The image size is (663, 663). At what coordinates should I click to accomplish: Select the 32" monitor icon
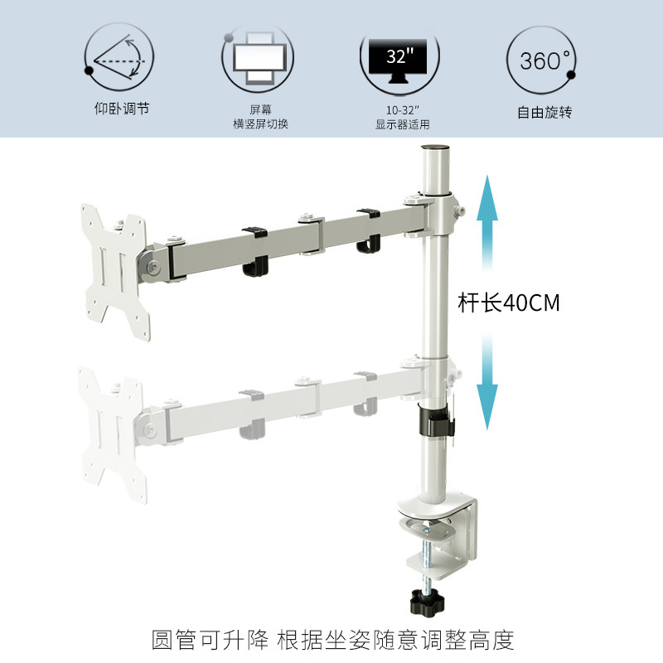[x=400, y=58]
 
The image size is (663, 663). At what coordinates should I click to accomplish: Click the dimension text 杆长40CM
[x=509, y=303]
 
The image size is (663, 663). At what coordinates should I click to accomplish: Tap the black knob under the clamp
[x=431, y=597]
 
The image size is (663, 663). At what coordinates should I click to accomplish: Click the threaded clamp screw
[x=430, y=556]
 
